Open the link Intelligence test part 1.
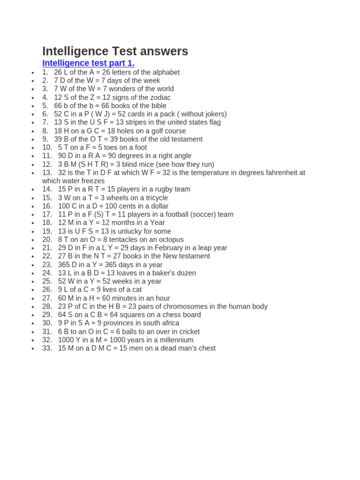pos(88,63)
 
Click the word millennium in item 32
pos(176,340)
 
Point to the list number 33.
pos(47,348)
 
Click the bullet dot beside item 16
pos(33,207)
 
